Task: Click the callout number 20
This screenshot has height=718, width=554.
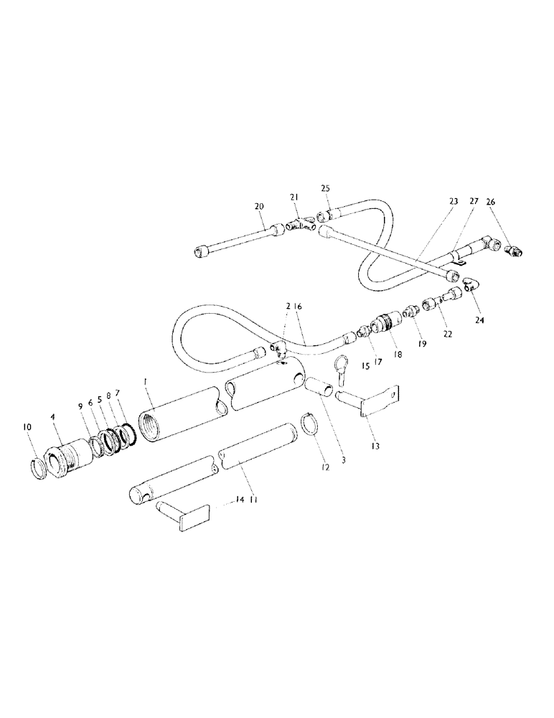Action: pos(260,206)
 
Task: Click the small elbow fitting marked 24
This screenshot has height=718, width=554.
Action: pos(468,284)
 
